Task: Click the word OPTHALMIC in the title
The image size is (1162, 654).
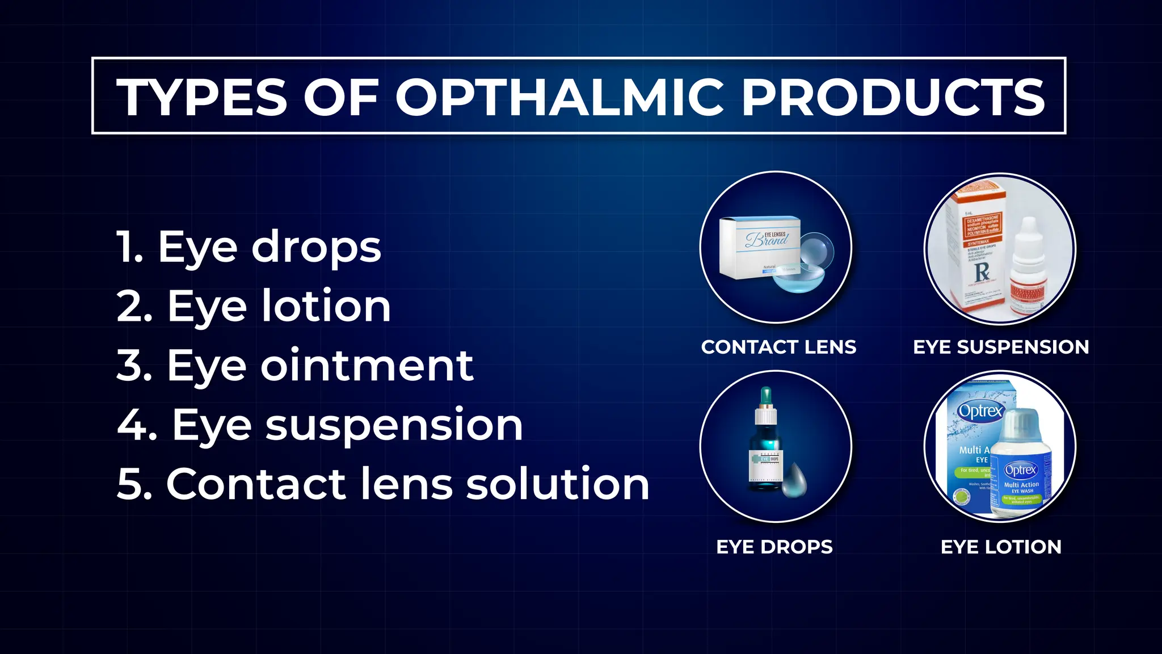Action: (559, 97)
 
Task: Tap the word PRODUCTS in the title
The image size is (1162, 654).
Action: (893, 97)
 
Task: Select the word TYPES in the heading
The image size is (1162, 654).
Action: (202, 97)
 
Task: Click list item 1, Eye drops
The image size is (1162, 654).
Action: (249, 248)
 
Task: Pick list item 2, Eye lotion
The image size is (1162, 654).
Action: (254, 307)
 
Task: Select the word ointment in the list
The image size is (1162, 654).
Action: (367, 366)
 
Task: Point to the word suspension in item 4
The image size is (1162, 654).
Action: (394, 425)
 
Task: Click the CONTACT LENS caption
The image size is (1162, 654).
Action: (778, 347)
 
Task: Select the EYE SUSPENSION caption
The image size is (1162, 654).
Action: (1001, 347)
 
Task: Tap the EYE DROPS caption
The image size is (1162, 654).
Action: (774, 547)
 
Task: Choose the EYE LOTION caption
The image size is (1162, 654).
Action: (1001, 547)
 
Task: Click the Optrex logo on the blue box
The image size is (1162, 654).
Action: (980, 410)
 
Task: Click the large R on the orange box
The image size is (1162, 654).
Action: (982, 271)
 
